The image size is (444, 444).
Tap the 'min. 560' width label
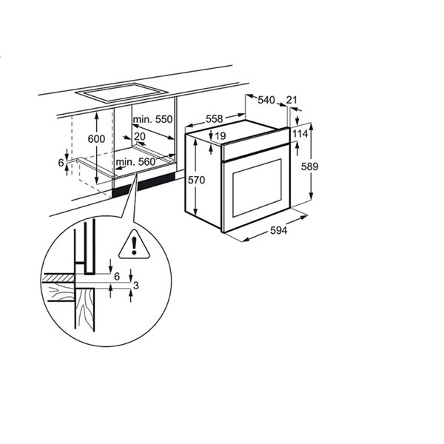click(x=135, y=162)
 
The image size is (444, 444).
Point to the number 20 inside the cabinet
click(x=141, y=135)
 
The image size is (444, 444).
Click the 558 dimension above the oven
click(x=214, y=119)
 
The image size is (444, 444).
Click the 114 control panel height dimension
click(x=300, y=133)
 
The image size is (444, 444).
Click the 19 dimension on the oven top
click(x=221, y=135)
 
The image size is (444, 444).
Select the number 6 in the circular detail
click(x=116, y=275)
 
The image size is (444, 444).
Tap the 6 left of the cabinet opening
click(x=60, y=162)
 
